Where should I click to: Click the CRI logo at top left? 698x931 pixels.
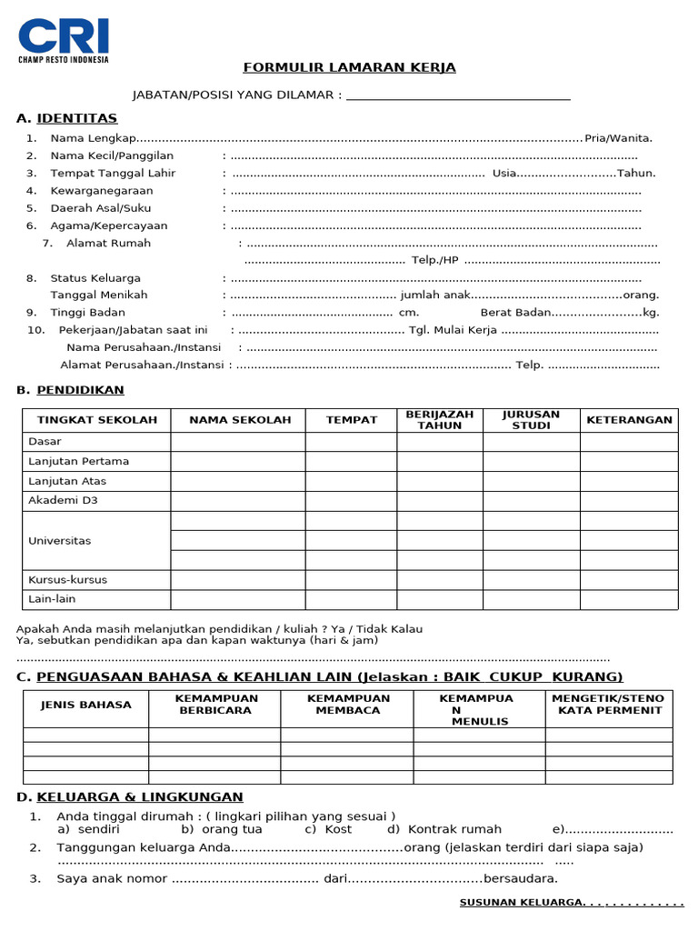tap(64, 40)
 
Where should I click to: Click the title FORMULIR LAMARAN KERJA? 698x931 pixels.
tap(349, 68)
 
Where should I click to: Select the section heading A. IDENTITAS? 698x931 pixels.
tap(67, 118)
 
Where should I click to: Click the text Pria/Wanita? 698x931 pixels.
tap(618, 138)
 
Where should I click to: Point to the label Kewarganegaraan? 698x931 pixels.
tap(102, 191)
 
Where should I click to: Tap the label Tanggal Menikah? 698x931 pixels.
tap(99, 295)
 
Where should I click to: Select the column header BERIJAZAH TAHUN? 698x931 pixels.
tap(440, 420)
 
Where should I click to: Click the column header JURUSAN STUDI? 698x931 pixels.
tap(531, 420)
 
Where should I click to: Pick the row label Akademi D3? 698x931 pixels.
tap(64, 501)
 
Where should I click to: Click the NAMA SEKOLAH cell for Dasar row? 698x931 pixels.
tap(238, 442)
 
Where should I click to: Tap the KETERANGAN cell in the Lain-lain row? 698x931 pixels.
tap(629, 599)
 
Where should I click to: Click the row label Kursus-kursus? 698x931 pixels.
tap(67, 579)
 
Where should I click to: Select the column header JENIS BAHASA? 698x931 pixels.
tap(86, 705)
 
